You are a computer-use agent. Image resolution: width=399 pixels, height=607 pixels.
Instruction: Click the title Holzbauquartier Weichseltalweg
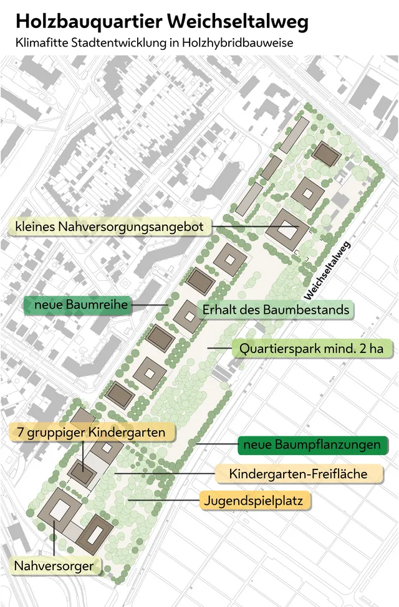pyautogui.click(x=162, y=22)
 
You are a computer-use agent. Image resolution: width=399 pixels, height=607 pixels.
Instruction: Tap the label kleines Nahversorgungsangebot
pyautogui.click(x=110, y=227)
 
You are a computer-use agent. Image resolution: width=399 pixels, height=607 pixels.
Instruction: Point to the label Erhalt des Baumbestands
pyautogui.click(x=275, y=309)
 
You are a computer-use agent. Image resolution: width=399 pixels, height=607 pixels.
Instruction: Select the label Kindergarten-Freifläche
pyautogui.click(x=298, y=474)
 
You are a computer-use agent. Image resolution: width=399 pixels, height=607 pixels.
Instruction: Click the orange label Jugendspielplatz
pyautogui.click(x=255, y=500)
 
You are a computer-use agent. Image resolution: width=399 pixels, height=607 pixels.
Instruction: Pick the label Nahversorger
pyautogui.click(x=55, y=566)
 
